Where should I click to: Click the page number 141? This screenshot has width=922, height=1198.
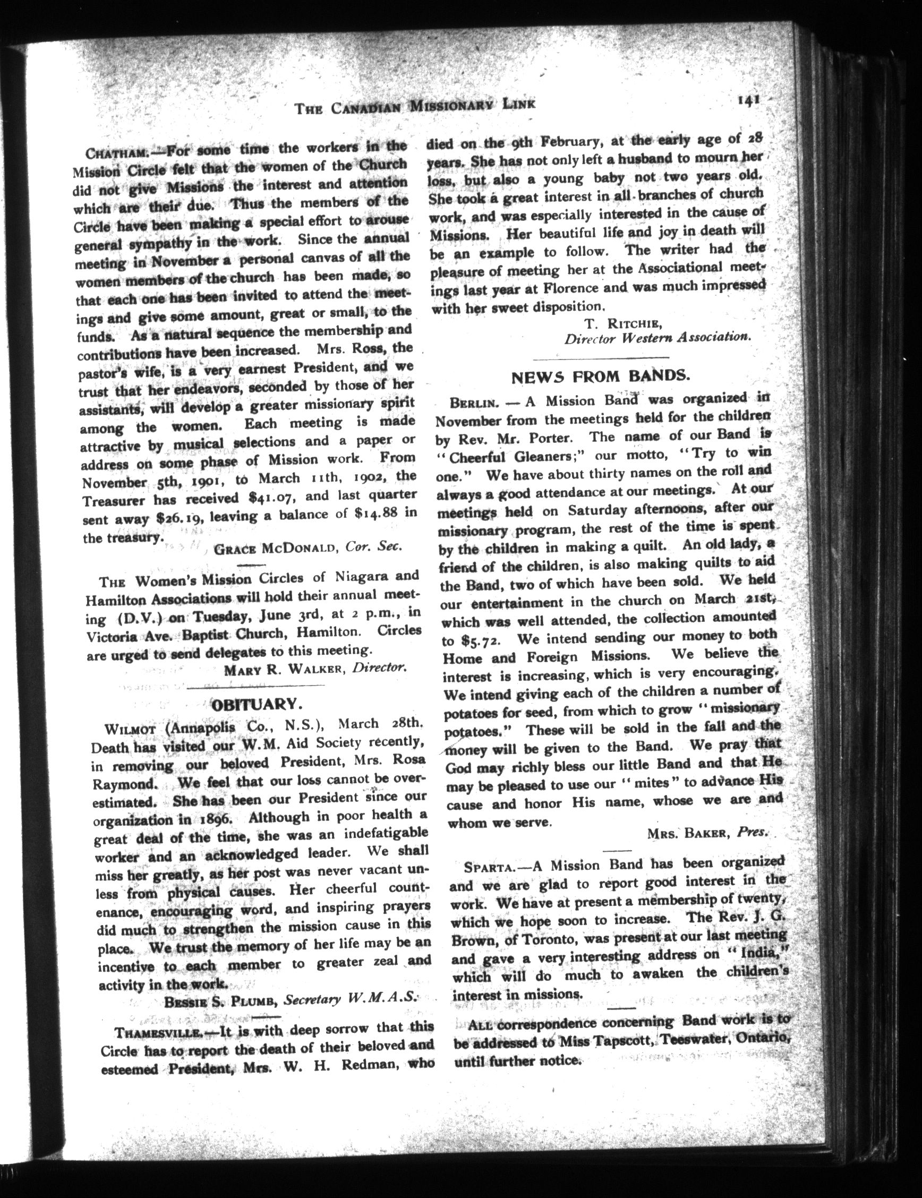[x=748, y=100]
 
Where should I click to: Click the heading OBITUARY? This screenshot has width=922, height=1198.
[x=257, y=704]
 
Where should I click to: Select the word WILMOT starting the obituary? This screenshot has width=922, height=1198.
[x=131, y=729]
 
